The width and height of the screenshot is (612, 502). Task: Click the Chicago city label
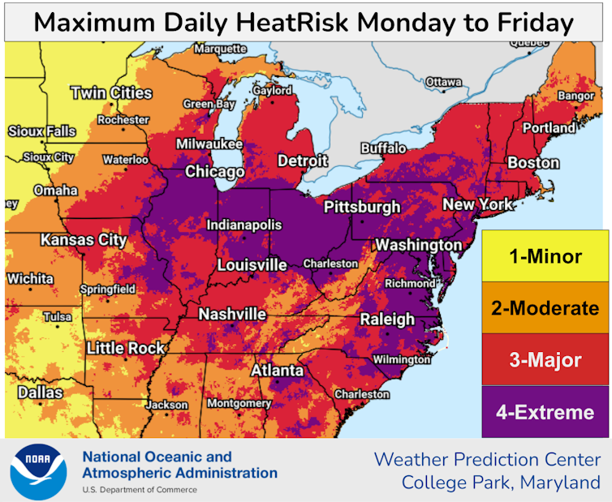(x=214, y=172)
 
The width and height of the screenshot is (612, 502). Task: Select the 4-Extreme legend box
(x=545, y=412)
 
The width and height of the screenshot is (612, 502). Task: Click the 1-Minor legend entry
(x=545, y=257)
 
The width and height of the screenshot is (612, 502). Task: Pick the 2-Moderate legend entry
(x=545, y=308)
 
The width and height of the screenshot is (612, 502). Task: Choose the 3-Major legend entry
(x=545, y=360)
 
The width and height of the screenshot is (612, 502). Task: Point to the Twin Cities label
(x=111, y=93)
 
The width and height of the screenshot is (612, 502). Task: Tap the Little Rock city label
(x=125, y=349)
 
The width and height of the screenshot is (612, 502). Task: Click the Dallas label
(x=40, y=393)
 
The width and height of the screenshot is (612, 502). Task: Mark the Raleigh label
(x=387, y=318)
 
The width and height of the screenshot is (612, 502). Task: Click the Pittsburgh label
(x=362, y=207)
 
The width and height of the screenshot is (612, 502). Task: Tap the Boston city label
(x=533, y=163)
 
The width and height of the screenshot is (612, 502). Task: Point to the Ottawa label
(x=443, y=83)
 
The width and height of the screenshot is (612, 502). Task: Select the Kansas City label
(x=84, y=240)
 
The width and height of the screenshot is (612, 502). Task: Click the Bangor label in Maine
(x=576, y=97)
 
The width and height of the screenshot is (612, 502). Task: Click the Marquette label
(x=219, y=49)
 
